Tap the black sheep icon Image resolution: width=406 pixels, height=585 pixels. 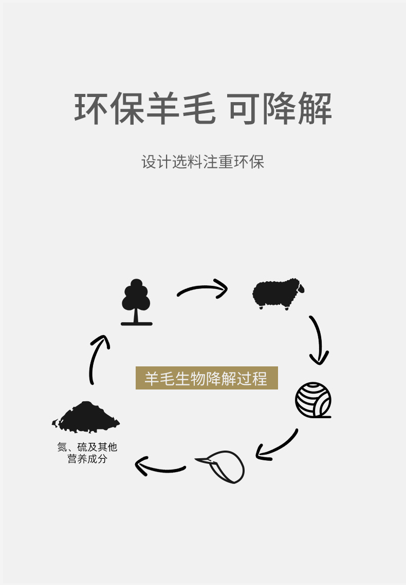(x=276, y=294)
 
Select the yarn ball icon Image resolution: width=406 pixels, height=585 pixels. (x=313, y=400)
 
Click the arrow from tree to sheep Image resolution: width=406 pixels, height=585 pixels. (x=202, y=289)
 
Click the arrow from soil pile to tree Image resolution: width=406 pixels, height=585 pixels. (x=98, y=359)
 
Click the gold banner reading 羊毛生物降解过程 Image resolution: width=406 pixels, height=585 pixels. (x=207, y=378)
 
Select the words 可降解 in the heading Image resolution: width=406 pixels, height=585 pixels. (x=280, y=109)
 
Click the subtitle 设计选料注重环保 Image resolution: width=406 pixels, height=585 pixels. (x=202, y=162)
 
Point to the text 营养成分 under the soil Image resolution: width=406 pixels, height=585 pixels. (x=87, y=459)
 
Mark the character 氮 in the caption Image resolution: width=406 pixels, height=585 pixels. (x=62, y=447)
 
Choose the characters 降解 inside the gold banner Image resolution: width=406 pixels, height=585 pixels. (x=221, y=379)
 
